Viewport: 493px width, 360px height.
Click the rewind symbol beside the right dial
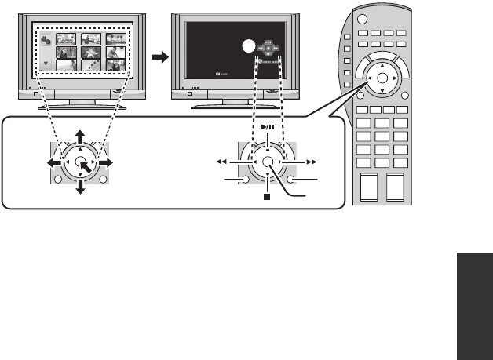(x=223, y=161)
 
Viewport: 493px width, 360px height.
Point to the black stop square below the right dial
(x=267, y=196)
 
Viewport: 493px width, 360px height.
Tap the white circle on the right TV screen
(x=247, y=46)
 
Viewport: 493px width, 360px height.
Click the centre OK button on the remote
(x=382, y=79)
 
